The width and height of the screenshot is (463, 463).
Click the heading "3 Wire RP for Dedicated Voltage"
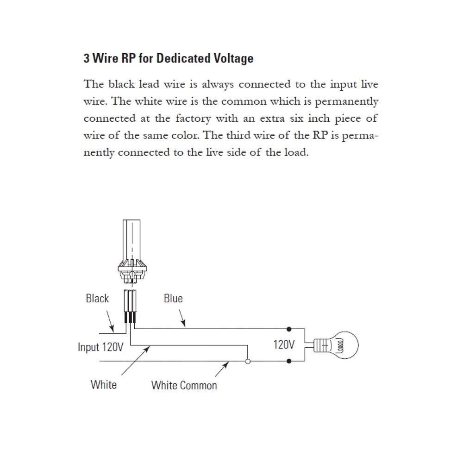(169, 59)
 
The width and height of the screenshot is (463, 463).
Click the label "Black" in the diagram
(97, 299)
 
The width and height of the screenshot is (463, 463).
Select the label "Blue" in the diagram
(173, 299)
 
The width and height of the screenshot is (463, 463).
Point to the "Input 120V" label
(100, 347)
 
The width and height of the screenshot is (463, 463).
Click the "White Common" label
(184, 385)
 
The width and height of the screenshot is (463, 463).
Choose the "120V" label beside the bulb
(284, 344)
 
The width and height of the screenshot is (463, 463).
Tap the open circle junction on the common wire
(248, 361)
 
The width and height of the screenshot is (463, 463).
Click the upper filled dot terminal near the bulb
(289, 329)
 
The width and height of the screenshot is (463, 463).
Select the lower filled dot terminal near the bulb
(289, 361)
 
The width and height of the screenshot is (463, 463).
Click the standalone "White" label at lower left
(104, 384)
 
